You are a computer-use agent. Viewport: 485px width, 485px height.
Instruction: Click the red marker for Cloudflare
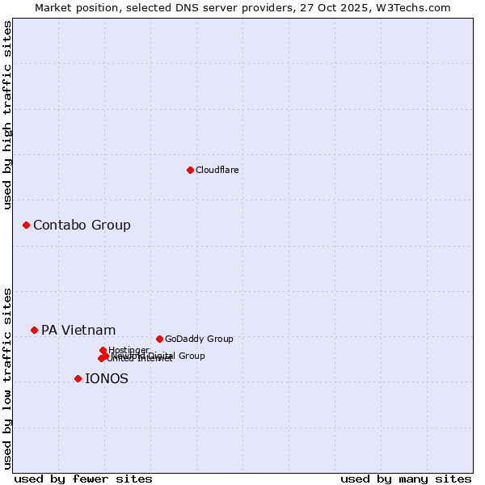point(190,170)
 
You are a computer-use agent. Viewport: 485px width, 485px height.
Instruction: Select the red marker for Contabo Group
point(26,225)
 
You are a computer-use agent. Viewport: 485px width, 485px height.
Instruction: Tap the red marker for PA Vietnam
point(34,330)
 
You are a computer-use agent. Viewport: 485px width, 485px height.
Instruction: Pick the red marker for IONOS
point(78,378)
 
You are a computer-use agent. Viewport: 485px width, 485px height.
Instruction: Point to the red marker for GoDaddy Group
point(159,339)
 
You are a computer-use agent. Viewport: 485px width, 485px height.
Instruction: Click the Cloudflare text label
point(217,170)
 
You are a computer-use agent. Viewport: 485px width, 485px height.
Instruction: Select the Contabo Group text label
point(82,225)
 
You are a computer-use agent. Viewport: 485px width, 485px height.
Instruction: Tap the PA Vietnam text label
point(78,330)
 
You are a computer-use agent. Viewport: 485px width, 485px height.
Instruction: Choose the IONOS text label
point(106,378)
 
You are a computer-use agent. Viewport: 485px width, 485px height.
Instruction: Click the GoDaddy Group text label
point(199,339)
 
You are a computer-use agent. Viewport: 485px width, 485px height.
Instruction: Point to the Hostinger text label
point(129,350)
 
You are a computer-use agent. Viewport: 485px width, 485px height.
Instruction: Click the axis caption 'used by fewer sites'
point(83,479)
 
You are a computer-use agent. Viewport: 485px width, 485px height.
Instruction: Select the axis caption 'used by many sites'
point(406,479)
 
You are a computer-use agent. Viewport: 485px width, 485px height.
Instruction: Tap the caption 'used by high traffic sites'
point(8,115)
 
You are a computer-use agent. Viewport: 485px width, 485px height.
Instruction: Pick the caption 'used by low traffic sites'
point(8,377)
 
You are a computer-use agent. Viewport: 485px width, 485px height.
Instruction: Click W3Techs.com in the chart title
point(416,7)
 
